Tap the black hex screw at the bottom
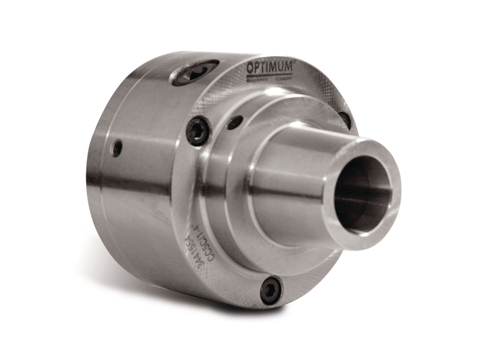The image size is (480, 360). coord(271,290)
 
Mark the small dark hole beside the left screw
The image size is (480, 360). coord(235,122)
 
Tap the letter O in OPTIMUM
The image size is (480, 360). coord(250,68)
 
